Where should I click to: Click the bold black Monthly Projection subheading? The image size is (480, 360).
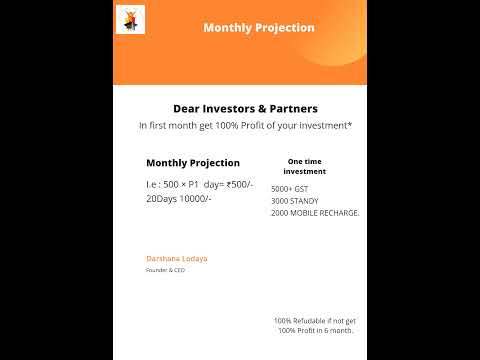(193, 162)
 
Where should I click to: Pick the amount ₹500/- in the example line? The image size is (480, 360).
(240, 184)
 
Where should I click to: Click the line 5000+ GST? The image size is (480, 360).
(289, 189)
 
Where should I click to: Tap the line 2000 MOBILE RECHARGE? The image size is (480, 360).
(315, 213)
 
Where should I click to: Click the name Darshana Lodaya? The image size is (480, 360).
(177, 258)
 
